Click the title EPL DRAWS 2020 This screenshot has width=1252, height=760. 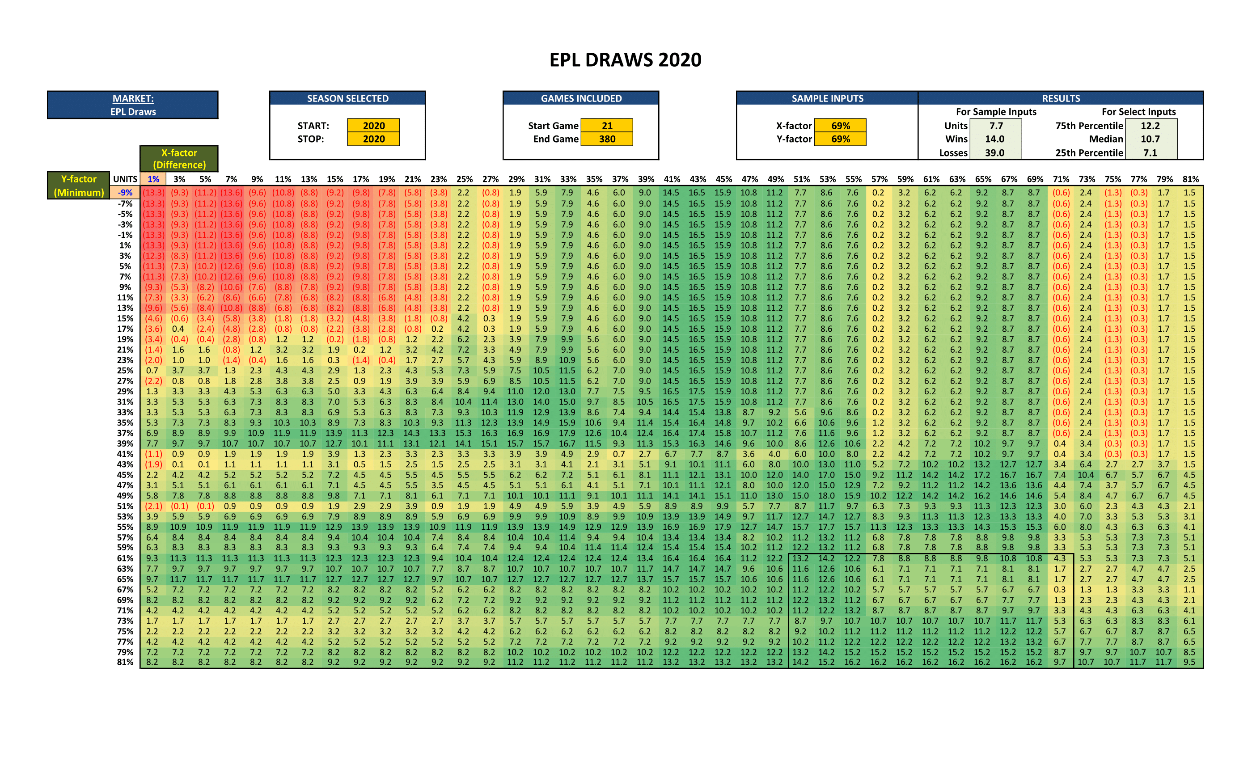625,60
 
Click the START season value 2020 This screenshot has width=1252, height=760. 373,126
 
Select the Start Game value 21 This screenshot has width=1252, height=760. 607,126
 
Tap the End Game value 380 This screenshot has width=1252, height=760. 607,139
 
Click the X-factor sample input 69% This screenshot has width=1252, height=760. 841,126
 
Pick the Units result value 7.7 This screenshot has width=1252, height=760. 996,126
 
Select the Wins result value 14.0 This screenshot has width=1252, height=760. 994,139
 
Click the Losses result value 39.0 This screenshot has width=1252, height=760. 994,152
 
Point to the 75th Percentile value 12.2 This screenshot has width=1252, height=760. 1150,126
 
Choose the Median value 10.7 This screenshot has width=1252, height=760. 1150,139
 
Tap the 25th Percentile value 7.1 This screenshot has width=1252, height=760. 1150,152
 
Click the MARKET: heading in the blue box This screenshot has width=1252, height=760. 133,98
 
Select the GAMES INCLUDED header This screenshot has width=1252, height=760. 581,98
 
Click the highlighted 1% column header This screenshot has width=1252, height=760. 153,179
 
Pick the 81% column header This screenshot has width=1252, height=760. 1190,179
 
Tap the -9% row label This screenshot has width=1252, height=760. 125,193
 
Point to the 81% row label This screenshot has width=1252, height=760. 125,662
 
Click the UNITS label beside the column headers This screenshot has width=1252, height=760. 125,179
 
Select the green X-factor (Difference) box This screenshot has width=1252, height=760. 179,159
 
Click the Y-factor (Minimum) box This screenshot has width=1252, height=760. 79,186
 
